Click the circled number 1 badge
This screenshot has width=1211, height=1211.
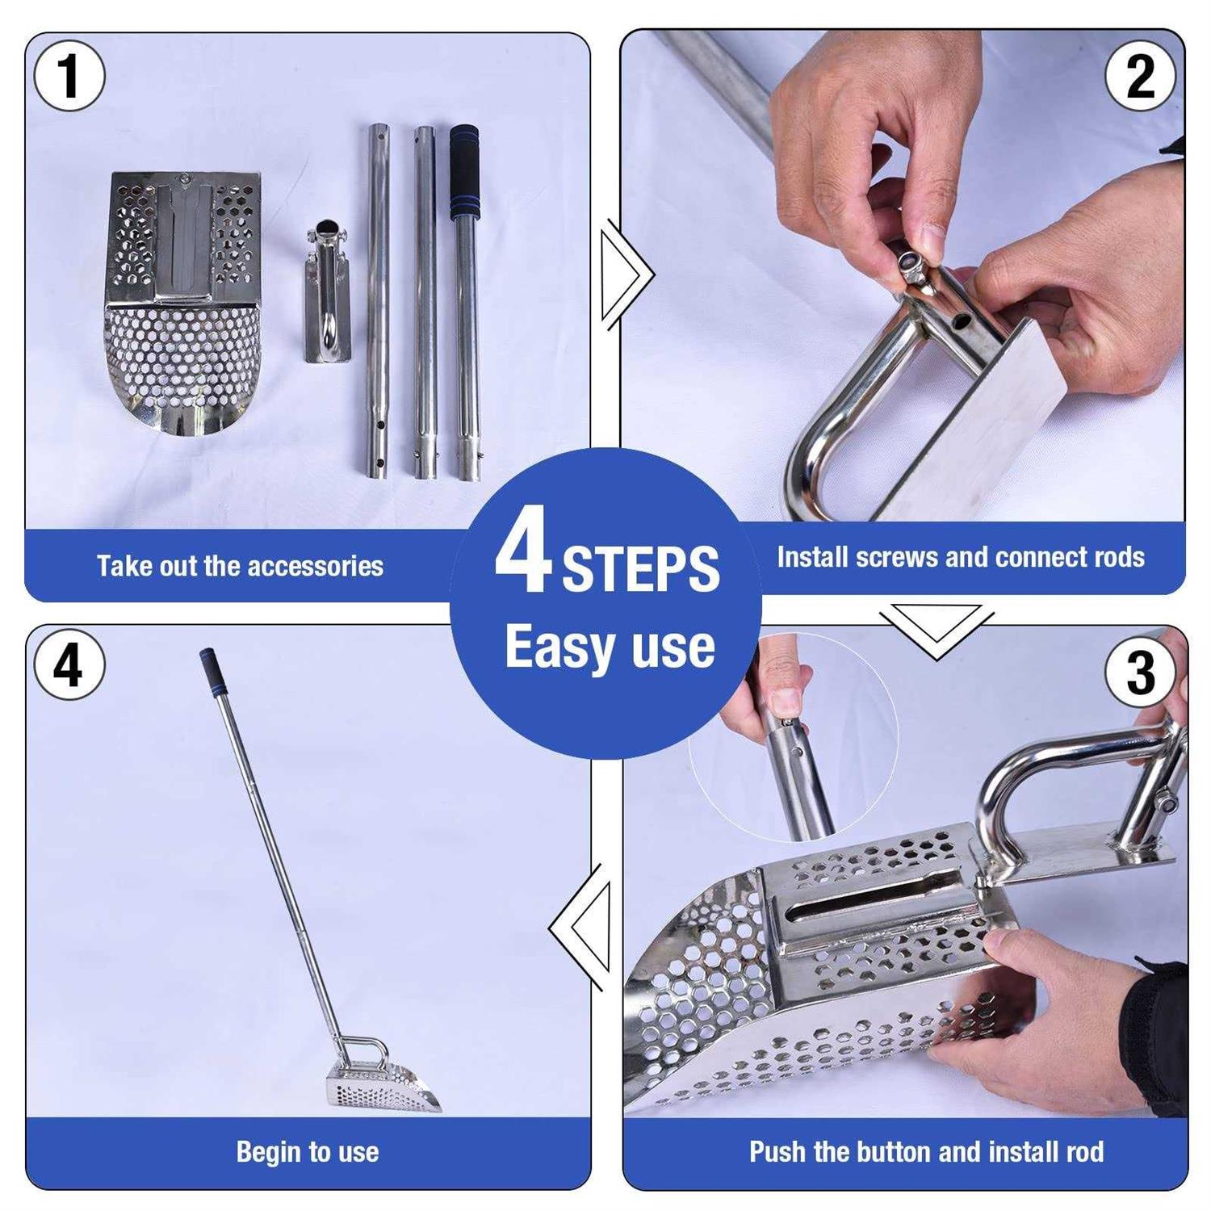tap(69, 76)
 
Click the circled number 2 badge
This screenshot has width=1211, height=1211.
tap(1140, 76)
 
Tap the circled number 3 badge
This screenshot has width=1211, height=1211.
tap(1140, 672)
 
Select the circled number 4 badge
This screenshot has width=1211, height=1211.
tap(69, 665)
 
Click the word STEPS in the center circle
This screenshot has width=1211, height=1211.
tap(640, 569)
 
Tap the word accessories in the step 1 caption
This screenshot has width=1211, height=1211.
tap(316, 566)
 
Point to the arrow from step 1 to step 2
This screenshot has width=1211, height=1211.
tap(626, 274)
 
